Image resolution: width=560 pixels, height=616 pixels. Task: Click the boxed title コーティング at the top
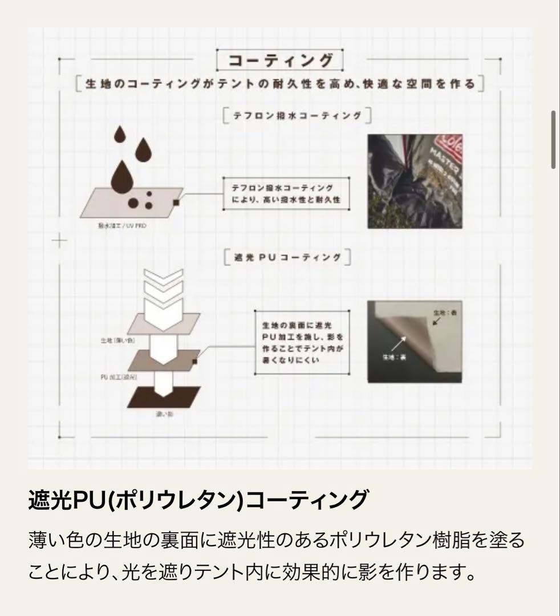coord(280,60)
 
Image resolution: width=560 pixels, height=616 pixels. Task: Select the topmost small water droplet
coord(119,135)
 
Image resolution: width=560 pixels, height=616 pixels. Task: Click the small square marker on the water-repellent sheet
coord(177,201)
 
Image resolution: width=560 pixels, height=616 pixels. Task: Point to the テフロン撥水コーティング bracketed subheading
coord(297,116)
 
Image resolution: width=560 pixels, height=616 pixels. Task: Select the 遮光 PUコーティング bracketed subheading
coord(288,257)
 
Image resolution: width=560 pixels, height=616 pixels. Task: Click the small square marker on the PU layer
coord(195,360)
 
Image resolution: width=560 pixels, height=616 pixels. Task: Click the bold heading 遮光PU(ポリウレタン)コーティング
coord(197,500)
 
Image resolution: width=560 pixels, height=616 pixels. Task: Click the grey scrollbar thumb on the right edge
coord(553,140)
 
